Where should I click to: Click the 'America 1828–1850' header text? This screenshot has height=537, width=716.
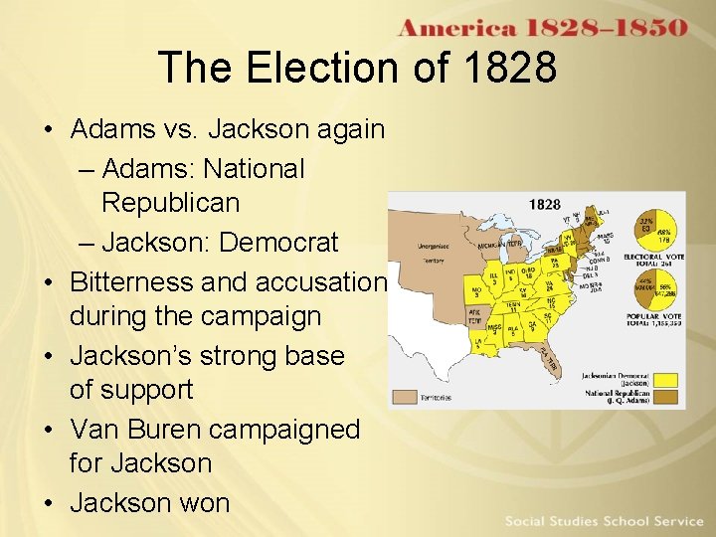542,27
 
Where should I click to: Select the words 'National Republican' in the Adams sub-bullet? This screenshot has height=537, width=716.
204,185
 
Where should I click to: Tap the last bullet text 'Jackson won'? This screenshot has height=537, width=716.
149,502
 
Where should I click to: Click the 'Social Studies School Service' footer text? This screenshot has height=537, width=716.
604,521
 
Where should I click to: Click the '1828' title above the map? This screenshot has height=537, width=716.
544,205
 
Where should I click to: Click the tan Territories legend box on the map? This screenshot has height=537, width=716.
404,396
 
